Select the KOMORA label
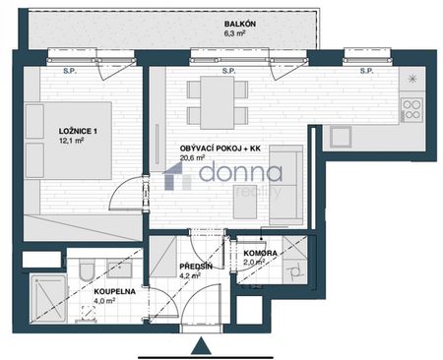261,253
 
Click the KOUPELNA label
112,292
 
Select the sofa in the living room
286,183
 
